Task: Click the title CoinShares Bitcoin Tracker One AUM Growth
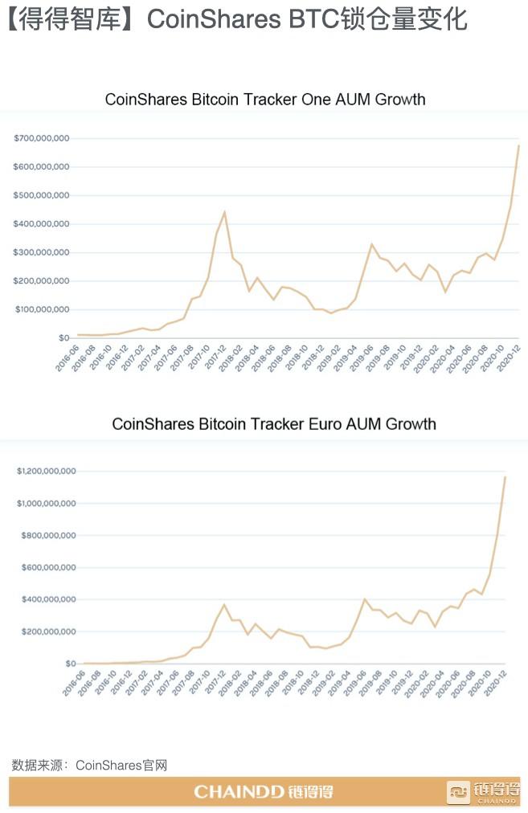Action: click(265, 100)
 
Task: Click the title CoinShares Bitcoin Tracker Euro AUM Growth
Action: click(273, 423)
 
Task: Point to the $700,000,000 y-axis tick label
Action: click(42, 138)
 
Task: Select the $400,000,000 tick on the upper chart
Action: click(42, 224)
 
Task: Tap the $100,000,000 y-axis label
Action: click(42, 309)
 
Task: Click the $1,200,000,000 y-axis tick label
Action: click(47, 471)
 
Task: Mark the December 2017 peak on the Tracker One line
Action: click(224, 212)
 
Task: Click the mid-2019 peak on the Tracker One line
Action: click(371, 244)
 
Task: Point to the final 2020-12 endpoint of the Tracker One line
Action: click(518, 145)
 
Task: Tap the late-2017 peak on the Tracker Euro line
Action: click(224, 605)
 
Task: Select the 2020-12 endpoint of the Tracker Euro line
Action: click(505, 477)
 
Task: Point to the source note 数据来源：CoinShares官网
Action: click(89, 765)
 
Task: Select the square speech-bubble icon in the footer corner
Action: click(458, 791)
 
